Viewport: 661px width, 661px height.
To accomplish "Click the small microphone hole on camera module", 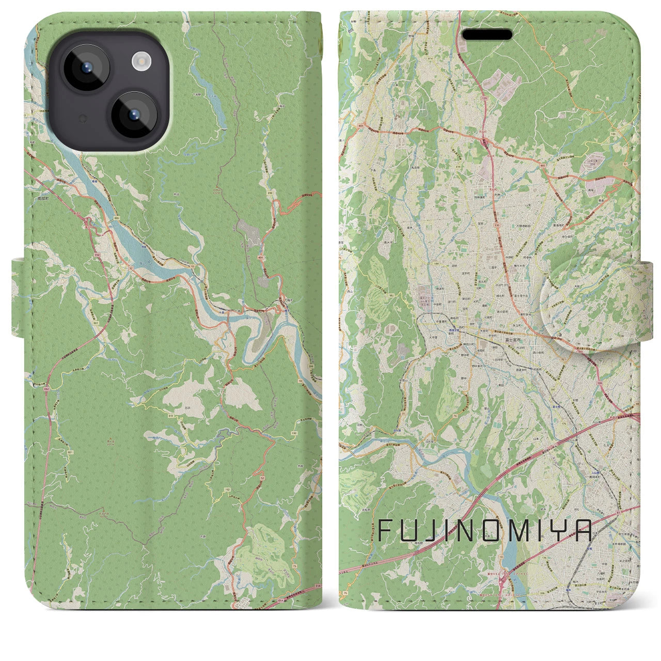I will (x=81, y=119).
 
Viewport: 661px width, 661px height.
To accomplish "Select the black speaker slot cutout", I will (x=486, y=35).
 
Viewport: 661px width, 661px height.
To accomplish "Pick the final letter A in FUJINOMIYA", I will (x=582, y=530).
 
